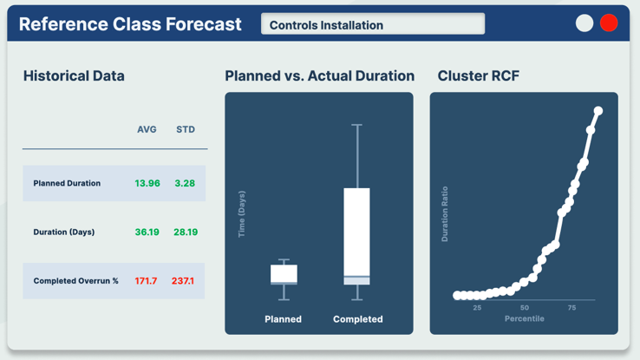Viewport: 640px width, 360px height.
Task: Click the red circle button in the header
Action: point(609,23)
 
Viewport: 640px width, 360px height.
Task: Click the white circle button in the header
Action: point(584,23)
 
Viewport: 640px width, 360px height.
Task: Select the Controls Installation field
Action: point(373,24)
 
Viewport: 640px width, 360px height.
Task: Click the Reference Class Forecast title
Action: point(130,24)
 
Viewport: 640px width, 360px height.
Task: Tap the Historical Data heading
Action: point(74,76)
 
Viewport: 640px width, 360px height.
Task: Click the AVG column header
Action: point(147,129)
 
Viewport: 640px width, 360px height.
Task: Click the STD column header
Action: point(186,129)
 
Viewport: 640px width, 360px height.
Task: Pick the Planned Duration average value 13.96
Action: point(147,183)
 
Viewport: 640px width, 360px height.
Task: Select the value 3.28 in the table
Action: point(185,183)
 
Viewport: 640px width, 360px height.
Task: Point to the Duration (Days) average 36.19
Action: point(147,232)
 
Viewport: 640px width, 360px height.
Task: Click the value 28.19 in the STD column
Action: point(186,232)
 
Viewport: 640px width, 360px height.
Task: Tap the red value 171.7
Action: point(146,281)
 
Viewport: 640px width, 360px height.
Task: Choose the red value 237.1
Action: point(183,281)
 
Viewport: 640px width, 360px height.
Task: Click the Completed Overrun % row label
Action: point(75,281)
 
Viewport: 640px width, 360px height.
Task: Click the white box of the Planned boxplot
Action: point(284,273)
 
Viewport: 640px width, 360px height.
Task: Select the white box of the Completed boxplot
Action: point(356,232)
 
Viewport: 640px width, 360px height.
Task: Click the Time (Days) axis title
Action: point(242,214)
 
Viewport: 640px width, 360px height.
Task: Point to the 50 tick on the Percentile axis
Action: point(525,308)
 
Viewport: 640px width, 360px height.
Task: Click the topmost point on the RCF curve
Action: point(598,111)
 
